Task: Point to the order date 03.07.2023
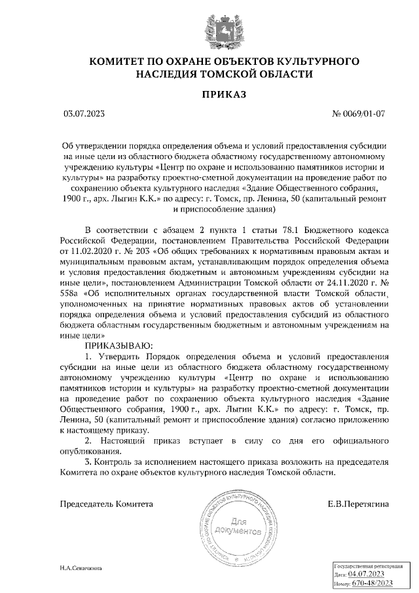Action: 84,114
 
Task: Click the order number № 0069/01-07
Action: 359,114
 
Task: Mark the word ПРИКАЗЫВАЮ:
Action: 118,344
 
